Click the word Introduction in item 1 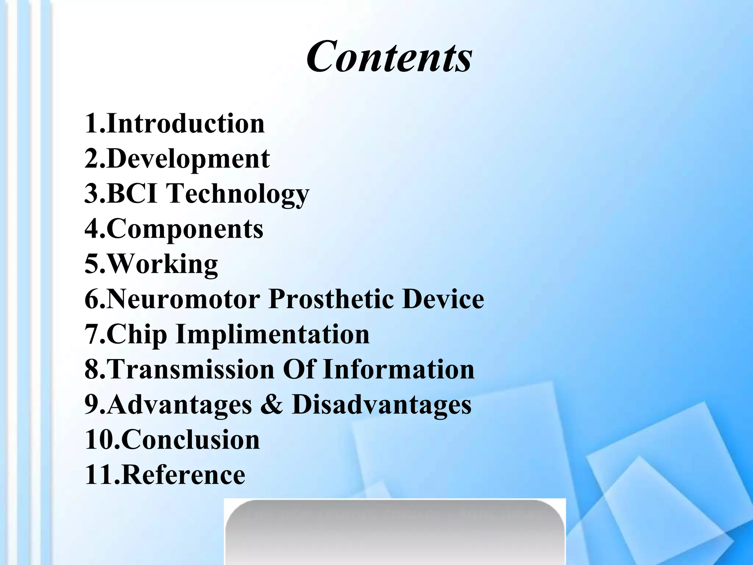[186, 124]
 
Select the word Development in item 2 [188, 159]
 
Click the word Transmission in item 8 [190, 369]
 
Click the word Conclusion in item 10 [190, 440]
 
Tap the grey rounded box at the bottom [395, 533]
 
